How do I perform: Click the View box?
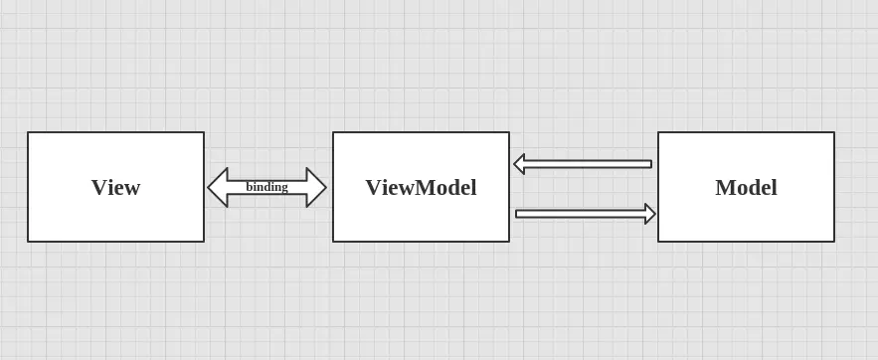pos(115,187)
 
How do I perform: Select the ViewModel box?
pos(421,187)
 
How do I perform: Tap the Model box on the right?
pos(746,187)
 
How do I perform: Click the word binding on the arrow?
pos(266,186)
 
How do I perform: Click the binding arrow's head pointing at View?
pos(217,187)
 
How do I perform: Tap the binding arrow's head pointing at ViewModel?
pos(317,187)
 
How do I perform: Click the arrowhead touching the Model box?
pos(650,214)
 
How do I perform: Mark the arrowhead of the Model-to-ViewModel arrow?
pos(519,164)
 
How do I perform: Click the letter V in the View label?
pos(98,187)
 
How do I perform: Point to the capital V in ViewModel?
pos(373,187)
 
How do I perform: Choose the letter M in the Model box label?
pos(725,187)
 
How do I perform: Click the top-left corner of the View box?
pos(28,132)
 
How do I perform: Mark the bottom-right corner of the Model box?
pos(833,241)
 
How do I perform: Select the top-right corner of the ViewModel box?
pos(509,132)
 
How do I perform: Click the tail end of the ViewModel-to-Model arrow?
pos(518,214)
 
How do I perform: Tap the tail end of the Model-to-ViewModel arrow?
pos(650,164)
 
